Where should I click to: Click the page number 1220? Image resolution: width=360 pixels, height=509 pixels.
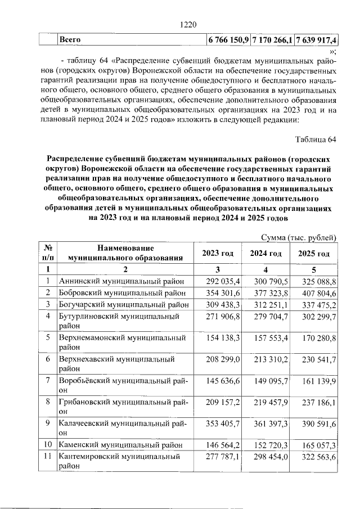pos(188,24)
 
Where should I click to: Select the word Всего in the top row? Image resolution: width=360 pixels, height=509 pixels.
pos(70,40)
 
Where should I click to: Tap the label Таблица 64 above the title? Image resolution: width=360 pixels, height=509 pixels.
pos(316,139)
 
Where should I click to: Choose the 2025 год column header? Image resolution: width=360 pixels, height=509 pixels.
pos(314,254)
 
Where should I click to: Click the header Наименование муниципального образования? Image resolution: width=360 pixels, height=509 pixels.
pos(125,254)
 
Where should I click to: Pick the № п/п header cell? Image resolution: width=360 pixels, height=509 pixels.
pos(48,254)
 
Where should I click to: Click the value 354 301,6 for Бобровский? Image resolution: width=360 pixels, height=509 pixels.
pos(223,292)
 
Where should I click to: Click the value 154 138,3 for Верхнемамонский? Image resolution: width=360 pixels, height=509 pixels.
pos(223,338)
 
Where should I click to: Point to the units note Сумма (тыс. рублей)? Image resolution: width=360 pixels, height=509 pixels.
pos(300,238)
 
